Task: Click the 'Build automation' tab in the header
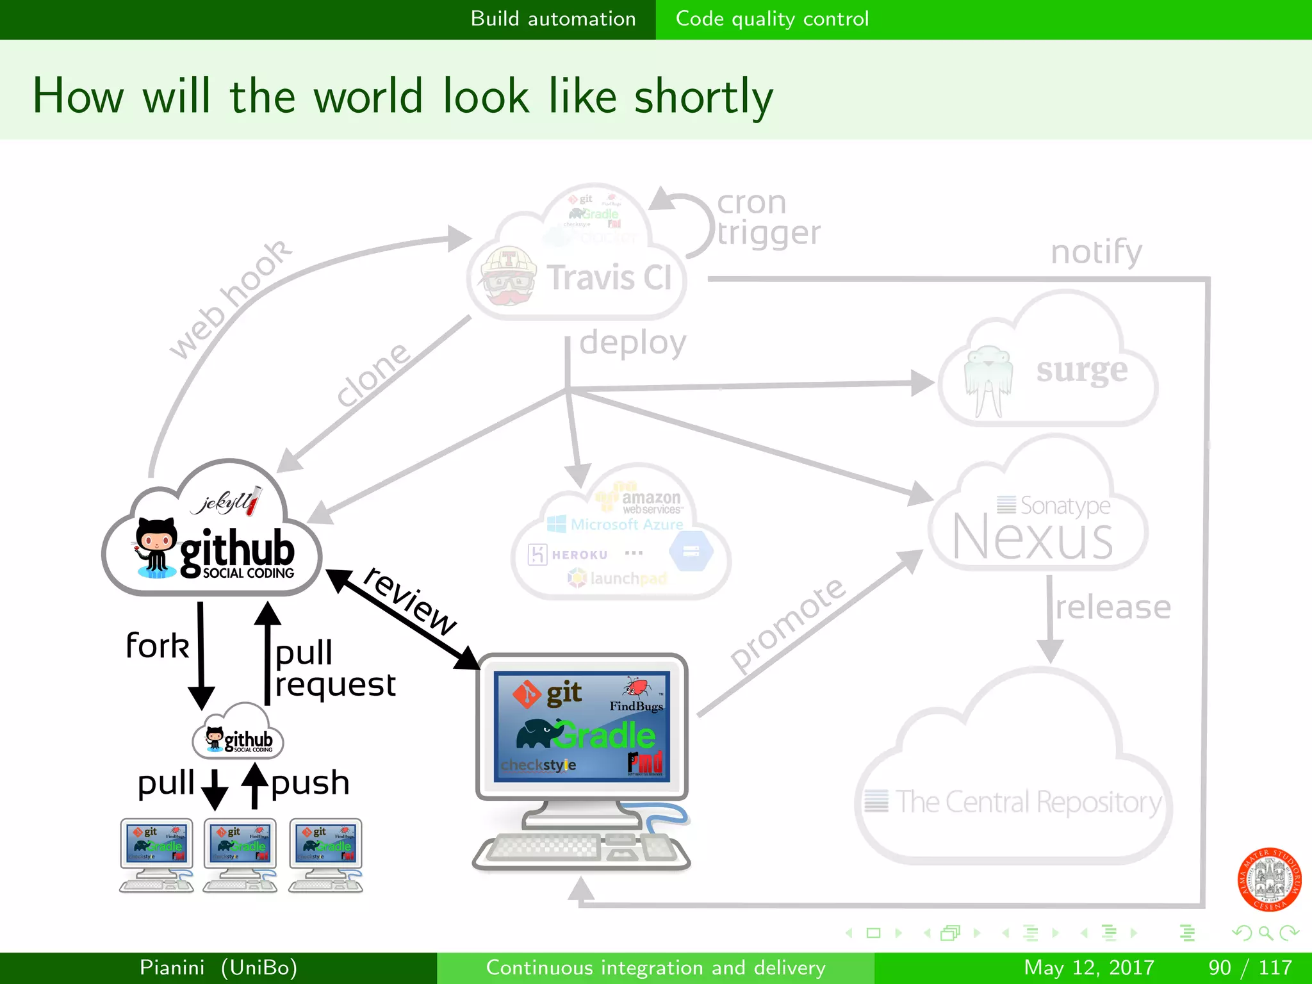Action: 553,19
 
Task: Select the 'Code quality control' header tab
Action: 772,19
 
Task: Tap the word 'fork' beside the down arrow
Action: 158,645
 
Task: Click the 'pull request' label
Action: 334,668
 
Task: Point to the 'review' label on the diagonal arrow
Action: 411,601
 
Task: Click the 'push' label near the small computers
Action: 311,783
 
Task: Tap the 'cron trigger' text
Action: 767,218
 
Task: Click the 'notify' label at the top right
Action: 1096,251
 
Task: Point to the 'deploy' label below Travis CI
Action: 632,343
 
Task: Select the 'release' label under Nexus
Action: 1113,607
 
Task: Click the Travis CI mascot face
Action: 508,276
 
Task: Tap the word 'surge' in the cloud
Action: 1082,370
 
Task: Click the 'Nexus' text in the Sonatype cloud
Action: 1032,537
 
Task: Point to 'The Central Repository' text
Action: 1028,801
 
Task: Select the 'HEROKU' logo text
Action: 579,555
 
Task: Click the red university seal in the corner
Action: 1268,879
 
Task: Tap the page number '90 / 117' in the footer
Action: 1250,967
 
